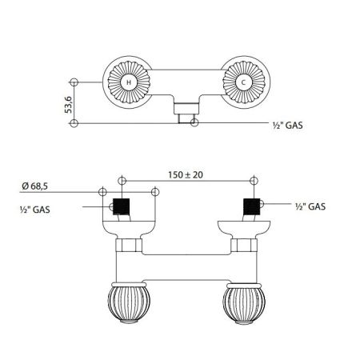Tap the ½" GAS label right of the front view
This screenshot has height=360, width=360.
click(308, 206)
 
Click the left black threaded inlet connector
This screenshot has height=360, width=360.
click(122, 208)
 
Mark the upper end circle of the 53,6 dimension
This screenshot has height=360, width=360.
click(74, 82)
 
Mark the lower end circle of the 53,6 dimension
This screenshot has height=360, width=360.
click(74, 122)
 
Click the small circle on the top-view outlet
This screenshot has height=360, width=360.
click(193, 122)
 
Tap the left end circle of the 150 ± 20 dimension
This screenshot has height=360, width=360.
click(122, 181)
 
